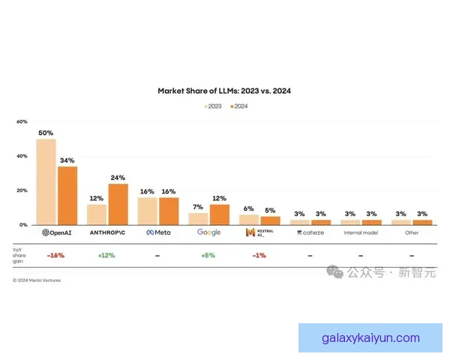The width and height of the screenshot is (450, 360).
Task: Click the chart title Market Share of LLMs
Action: [x=224, y=91]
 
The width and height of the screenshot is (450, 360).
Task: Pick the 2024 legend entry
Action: [x=238, y=106]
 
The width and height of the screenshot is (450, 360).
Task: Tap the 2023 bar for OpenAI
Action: [x=46, y=181]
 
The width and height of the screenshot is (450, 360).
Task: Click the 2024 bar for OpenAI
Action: [x=67, y=195]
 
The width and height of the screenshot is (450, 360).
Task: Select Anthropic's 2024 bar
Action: [x=118, y=204]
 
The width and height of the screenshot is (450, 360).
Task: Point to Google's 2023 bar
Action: [x=198, y=218]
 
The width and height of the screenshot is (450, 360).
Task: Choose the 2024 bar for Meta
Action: [x=169, y=211]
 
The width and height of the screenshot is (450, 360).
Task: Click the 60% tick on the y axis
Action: [x=22, y=121]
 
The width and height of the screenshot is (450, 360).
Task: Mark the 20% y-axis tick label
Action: [x=22, y=190]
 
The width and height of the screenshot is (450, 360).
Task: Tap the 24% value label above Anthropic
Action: [x=118, y=178]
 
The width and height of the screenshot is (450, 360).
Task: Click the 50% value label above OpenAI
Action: [x=46, y=133]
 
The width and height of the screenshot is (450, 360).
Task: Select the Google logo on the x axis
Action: [x=208, y=232]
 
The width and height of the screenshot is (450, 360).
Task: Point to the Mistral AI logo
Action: [x=260, y=232]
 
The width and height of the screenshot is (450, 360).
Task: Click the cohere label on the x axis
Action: [x=310, y=232]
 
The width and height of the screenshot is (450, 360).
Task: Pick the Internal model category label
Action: [x=361, y=232]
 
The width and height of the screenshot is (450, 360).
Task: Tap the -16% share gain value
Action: [x=55, y=255]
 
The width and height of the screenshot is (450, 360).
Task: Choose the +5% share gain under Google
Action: [x=208, y=255]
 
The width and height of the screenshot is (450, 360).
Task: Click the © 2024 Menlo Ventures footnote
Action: [x=37, y=280]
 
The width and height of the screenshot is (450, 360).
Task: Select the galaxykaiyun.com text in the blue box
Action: [x=370, y=337]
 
